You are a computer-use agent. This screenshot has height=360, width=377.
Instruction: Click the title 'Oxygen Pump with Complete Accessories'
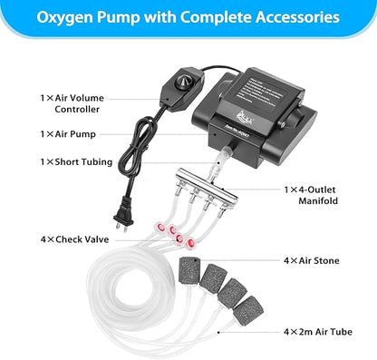(x=188, y=17)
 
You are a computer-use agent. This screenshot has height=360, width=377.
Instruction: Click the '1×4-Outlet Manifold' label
(x=315, y=197)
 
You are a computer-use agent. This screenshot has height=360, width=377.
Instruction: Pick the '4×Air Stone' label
(x=310, y=260)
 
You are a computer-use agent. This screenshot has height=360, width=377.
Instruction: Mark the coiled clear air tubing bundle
(x=91, y=299)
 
